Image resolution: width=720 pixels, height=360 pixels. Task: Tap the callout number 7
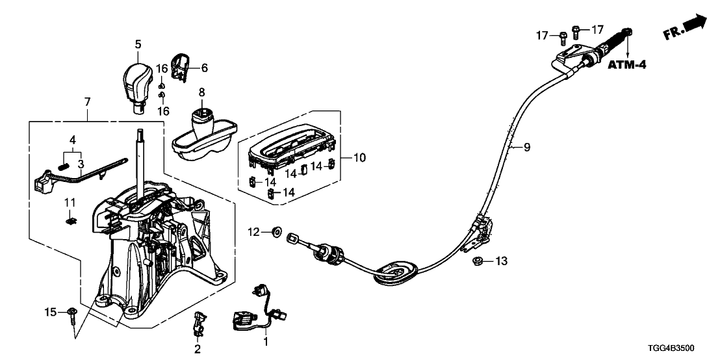(87, 101)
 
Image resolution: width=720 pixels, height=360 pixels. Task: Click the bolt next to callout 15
(71, 314)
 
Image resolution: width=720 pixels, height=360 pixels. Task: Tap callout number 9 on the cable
(526, 148)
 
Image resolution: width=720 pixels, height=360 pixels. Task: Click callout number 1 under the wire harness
(265, 341)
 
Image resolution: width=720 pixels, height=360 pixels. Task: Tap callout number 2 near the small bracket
(196, 349)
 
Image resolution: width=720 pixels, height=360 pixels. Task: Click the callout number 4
(73, 139)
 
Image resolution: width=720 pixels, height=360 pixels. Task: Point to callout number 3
(81, 164)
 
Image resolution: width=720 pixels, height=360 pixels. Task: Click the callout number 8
(201, 92)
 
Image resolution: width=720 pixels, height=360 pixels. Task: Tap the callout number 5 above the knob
(138, 44)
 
